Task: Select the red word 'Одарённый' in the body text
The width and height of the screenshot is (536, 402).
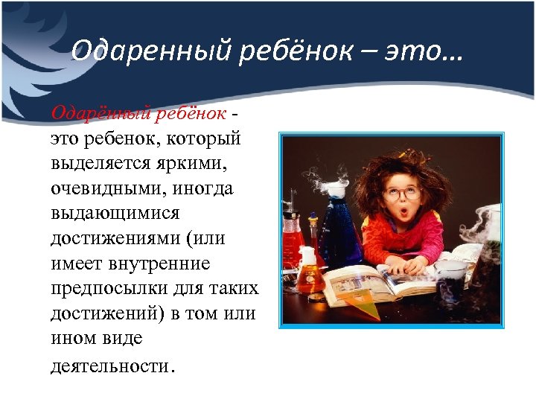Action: pyautogui.click(x=89, y=113)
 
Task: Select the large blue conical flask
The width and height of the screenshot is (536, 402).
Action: pyautogui.click(x=339, y=231)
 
